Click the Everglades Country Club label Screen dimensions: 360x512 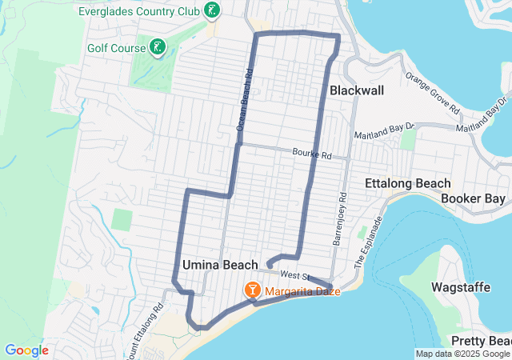(x=139, y=11)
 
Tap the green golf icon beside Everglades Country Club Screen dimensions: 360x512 (x=211, y=10)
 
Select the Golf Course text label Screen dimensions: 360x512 (x=116, y=48)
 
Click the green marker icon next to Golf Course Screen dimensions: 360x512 (x=158, y=47)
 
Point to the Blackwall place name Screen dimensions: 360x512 (x=356, y=91)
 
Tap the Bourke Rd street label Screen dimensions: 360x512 (x=311, y=152)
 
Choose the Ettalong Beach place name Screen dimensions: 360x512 (x=407, y=183)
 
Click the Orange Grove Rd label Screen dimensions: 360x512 (x=432, y=94)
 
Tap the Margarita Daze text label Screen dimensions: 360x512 (x=304, y=291)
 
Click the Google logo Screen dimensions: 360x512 (x=26, y=350)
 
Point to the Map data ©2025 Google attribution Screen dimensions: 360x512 (x=462, y=354)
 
